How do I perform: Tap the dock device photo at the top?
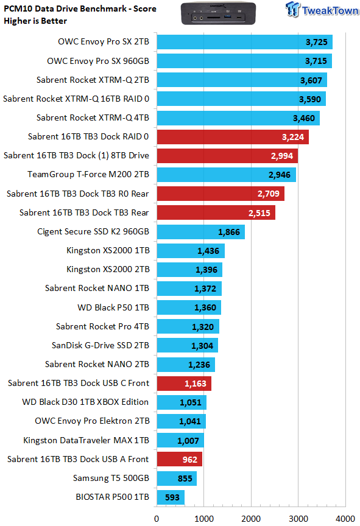tap(219, 13)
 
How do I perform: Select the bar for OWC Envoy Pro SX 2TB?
tap(245, 42)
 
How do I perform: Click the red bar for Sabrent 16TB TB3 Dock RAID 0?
tap(233, 137)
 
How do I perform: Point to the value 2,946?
tap(280, 175)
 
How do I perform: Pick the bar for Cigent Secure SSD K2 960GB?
tap(201, 232)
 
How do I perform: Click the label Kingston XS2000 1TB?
tap(108, 251)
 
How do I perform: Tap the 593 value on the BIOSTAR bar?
tap(172, 497)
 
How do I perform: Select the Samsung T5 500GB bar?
tap(177, 479)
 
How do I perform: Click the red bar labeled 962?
tap(180, 459)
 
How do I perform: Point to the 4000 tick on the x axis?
tap(345, 519)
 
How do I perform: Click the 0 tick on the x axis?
tap(157, 519)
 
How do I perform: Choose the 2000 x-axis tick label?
tap(251, 519)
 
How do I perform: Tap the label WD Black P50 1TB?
tap(113, 307)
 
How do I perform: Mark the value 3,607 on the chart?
tap(311, 80)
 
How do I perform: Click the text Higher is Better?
tap(35, 21)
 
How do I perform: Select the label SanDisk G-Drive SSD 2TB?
tap(101, 346)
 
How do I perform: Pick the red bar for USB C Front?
tap(184, 384)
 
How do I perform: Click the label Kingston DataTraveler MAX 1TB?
tap(86, 440)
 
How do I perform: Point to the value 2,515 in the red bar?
tap(259, 213)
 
